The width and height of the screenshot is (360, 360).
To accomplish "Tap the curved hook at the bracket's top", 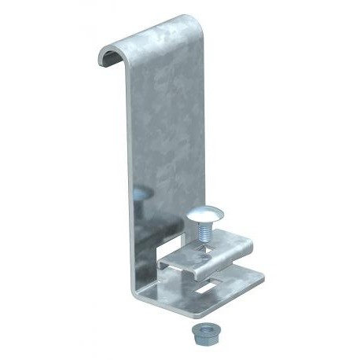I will pyautogui.click(x=157, y=35).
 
